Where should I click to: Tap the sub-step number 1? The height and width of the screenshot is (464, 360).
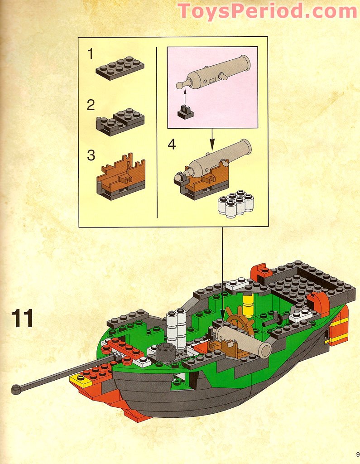point(91,54)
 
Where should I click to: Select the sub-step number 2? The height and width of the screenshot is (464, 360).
point(91,105)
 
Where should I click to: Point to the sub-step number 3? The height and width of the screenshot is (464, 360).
point(91,155)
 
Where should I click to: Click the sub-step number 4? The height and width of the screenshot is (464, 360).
point(172,145)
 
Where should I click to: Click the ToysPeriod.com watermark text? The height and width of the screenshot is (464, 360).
point(267,11)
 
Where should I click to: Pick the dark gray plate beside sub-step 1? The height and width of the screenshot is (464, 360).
point(120,68)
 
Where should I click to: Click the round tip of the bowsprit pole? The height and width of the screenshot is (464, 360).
point(16,389)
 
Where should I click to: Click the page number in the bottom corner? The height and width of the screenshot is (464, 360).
point(357,454)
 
